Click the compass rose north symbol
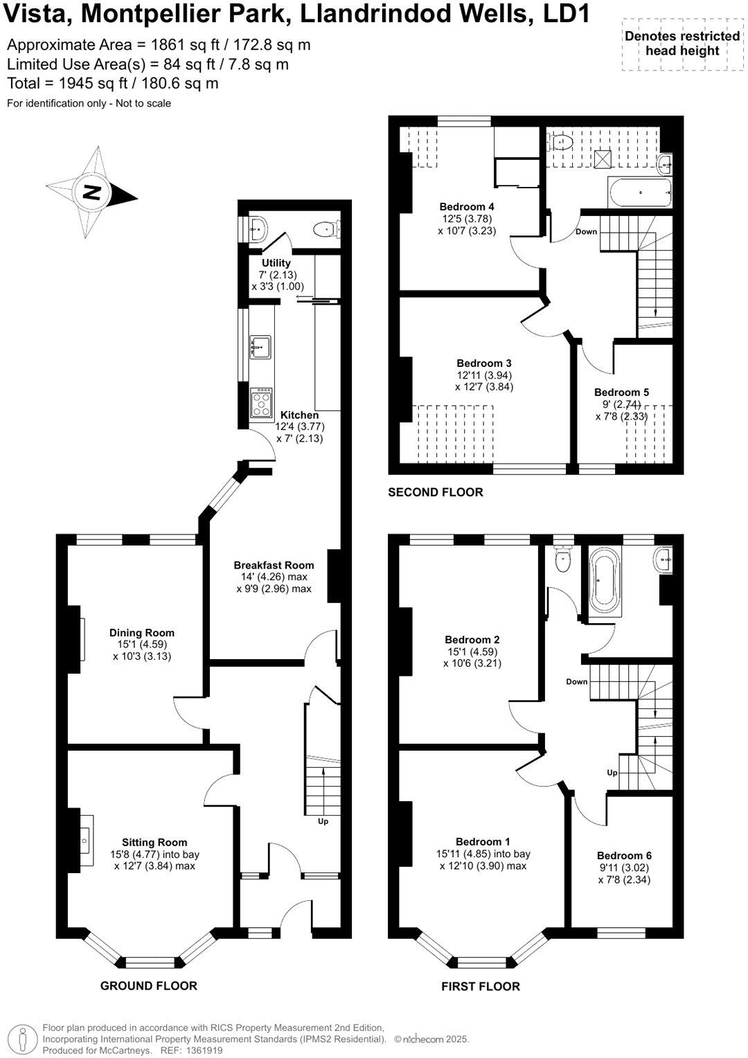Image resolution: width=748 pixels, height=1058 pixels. [x=91, y=192]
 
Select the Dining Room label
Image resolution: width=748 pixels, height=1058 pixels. [x=142, y=632]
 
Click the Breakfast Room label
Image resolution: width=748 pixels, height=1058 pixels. [x=274, y=565]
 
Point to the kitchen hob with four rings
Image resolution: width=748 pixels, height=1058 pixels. [x=262, y=402]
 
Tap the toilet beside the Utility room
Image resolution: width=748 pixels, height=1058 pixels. [x=326, y=228]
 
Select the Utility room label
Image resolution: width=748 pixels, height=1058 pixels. [x=276, y=263]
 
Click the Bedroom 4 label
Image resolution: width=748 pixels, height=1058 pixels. [x=467, y=206]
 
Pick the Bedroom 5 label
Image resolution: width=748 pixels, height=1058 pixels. [x=621, y=392]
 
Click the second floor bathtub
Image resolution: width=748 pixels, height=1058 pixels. [x=640, y=192]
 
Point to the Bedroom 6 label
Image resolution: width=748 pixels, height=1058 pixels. [x=624, y=855]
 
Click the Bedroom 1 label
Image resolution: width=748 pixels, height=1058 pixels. [x=483, y=841]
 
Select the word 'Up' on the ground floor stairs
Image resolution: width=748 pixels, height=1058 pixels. [x=323, y=821]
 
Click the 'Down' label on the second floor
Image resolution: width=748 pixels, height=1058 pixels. [x=586, y=231]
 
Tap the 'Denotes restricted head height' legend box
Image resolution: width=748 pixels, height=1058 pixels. [x=682, y=43]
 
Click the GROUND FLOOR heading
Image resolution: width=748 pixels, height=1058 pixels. [x=149, y=985]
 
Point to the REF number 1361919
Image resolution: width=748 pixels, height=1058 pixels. [x=201, y=1050]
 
